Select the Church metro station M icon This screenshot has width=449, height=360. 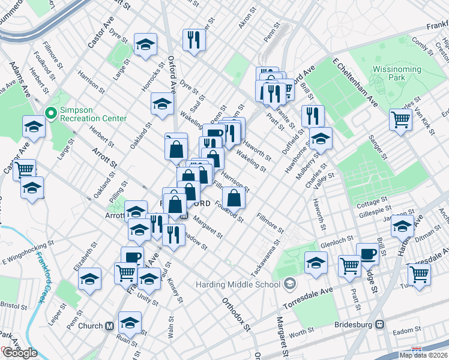pos(109,326)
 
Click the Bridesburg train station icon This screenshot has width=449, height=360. pos(379,324)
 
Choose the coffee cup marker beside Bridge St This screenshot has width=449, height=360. pos(367,253)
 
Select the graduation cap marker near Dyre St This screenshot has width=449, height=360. pos(145,44)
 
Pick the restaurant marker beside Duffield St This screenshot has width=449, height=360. pos(313,116)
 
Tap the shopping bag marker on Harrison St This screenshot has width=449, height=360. pos(234,197)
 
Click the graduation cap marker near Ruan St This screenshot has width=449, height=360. pos(130,323)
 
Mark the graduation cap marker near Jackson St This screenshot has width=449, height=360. pos(402,226)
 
